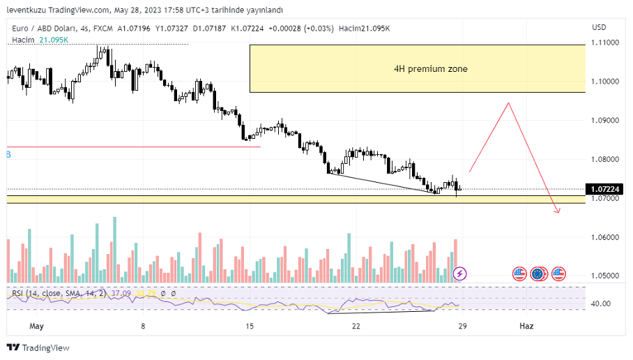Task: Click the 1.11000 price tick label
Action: click(x=604, y=43)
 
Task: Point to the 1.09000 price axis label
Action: click(x=604, y=121)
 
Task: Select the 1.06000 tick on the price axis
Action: click(x=604, y=237)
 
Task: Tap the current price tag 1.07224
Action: click(x=604, y=189)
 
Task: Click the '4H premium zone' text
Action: click(x=430, y=69)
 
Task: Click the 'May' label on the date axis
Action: click(x=37, y=326)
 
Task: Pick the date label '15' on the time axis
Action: click(x=250, y=326)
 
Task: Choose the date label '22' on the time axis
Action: click(x=356, y=326)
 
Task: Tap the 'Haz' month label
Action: click(x=526, y=326)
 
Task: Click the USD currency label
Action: click(x=599, y=27)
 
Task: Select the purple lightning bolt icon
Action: click(x=460, y=273)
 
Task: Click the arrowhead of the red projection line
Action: click(x=558, y=211)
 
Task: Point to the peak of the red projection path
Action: click(x=508, y=103)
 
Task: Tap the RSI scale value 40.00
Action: click(x=600, y=303)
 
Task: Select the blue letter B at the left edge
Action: click(x=8, y=153)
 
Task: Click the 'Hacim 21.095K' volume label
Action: click(x=40, y=40)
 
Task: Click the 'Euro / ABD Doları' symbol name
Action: click(x=43, y=28)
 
